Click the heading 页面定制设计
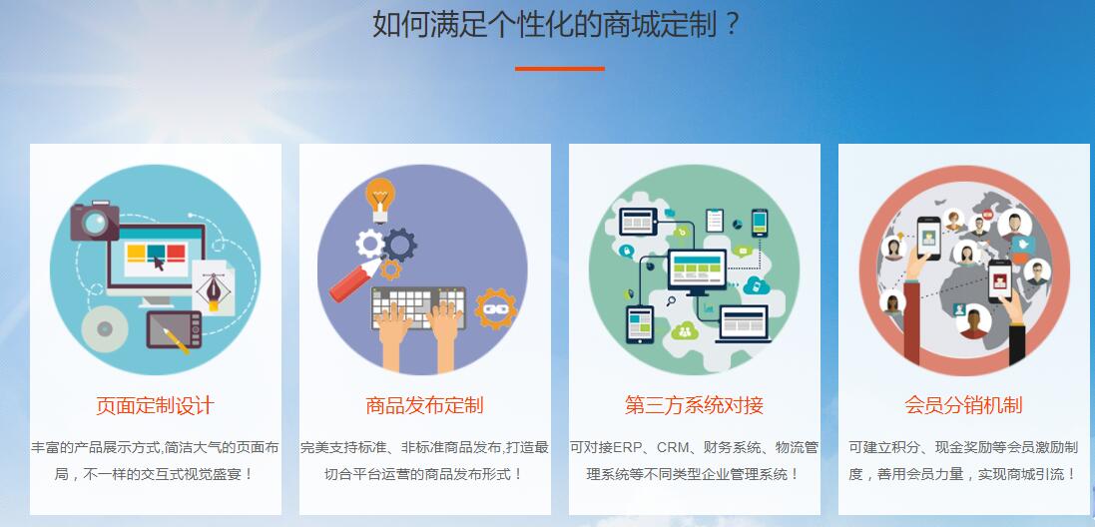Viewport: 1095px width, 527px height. tap(155, 405)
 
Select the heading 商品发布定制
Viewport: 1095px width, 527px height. tap(424, 405)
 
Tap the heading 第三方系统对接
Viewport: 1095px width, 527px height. tap(694, 405)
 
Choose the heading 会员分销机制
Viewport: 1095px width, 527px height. tap(963, 405)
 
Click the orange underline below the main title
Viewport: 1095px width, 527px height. tap(559, 69)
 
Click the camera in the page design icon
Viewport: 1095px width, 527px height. tap(94, 221)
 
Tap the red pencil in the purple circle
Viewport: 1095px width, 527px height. tap(354, 279)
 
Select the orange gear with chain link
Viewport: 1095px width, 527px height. tap(496, 308)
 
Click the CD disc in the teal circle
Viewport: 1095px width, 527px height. tap(105, 328)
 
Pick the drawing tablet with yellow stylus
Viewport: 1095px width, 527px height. tap(174, 330)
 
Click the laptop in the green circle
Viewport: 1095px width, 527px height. tap(743, 323)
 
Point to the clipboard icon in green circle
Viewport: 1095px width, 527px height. tap(715, 220)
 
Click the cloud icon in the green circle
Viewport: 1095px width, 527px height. tap(756, 284)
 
